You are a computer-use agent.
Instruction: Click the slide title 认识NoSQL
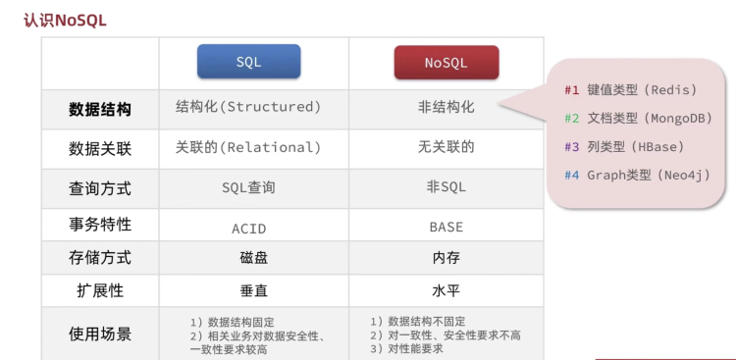coord(65,21)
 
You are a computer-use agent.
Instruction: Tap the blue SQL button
coord(249,62)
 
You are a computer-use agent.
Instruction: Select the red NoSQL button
coord(447,63)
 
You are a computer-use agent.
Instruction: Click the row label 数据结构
coord(100,110)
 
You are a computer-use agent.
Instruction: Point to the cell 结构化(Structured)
coord(248,107)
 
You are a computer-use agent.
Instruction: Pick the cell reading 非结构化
coord(447,107)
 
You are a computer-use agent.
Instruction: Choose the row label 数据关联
coord(100,149)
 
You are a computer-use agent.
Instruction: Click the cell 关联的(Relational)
coord(248,147)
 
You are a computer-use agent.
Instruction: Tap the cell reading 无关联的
coord(447,147)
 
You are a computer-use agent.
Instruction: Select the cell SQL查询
coord(249,187)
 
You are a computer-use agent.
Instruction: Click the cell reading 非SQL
coord(447,187)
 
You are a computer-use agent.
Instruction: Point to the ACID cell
coord(249,229)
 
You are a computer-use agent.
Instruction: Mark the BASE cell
coord(447,228)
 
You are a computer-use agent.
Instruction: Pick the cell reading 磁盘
coord(254,258)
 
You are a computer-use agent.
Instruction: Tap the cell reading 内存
coord(447,258)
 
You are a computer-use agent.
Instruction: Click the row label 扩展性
coord(100,291)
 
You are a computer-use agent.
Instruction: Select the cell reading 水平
coord(447,290)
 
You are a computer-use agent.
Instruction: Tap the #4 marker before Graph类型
coord(572,176)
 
